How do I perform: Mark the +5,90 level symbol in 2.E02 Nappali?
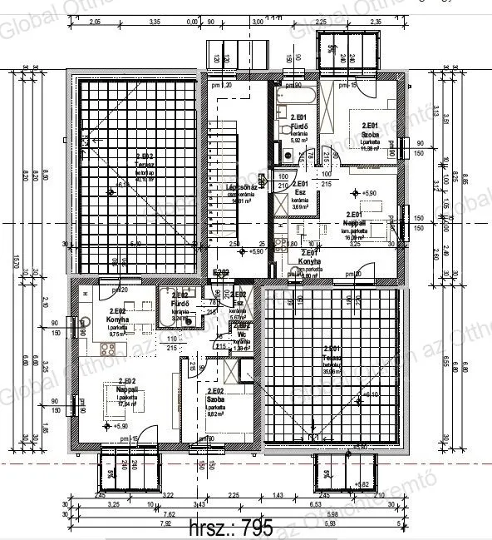click(x=106, y=425)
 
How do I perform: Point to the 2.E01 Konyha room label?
click(x=310, y=261)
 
